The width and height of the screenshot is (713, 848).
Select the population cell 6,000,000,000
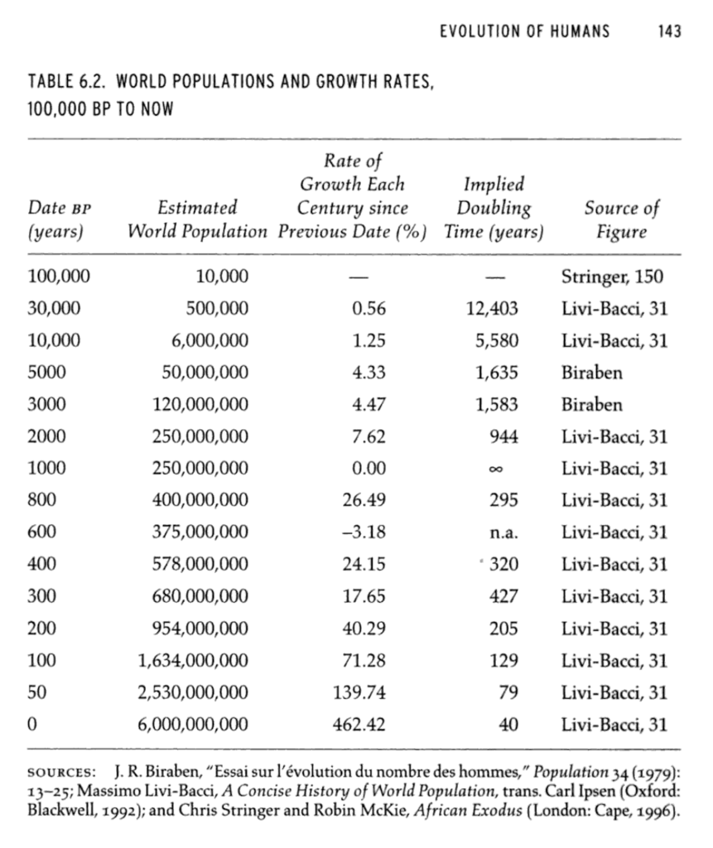point(193,725)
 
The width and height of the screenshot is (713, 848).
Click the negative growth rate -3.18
point(364,532)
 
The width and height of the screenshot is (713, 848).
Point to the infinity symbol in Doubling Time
point(508,469)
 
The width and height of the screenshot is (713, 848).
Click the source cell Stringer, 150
point(612,277)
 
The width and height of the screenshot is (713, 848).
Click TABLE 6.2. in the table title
point(63,84)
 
